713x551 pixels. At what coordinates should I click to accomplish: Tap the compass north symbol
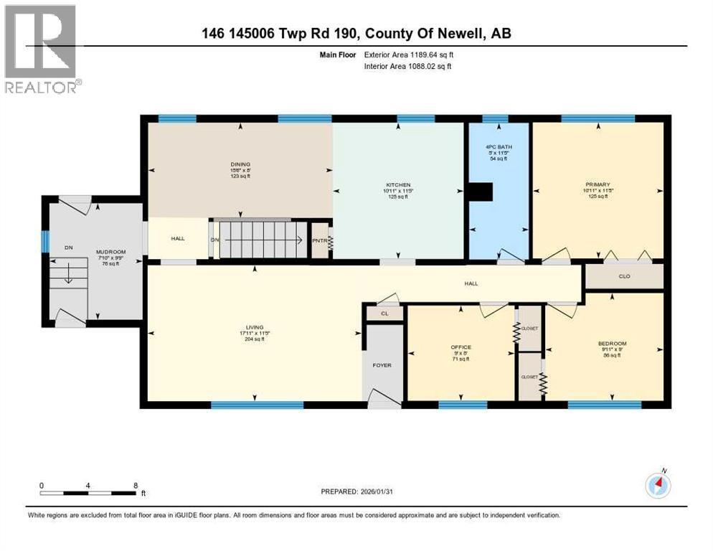(x=657, y=486)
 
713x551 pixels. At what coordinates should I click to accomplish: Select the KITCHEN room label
(x=398, y=185)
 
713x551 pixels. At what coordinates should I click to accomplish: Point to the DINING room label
(x=240, y=164)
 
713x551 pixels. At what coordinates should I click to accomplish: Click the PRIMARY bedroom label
(x=597, y=185)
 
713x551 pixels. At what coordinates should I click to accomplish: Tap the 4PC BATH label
(x=499, y=147)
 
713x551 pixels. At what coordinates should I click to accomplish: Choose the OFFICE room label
(x=461, y=347)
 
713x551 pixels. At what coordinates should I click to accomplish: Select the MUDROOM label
(x=111, y=253)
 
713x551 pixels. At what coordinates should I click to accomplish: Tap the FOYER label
(x=382, y=365)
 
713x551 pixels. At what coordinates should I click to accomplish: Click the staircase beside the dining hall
(x=262, y=239)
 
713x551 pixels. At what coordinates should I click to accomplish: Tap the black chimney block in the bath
(x=480, y=191)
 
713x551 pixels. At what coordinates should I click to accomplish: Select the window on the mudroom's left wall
(x=44, y=241)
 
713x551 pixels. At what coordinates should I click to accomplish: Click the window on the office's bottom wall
(x=462, y=405)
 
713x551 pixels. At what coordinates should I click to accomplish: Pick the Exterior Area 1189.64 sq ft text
(x=409, y=54)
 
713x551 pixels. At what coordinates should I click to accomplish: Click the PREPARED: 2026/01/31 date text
(x=358, y=491)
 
